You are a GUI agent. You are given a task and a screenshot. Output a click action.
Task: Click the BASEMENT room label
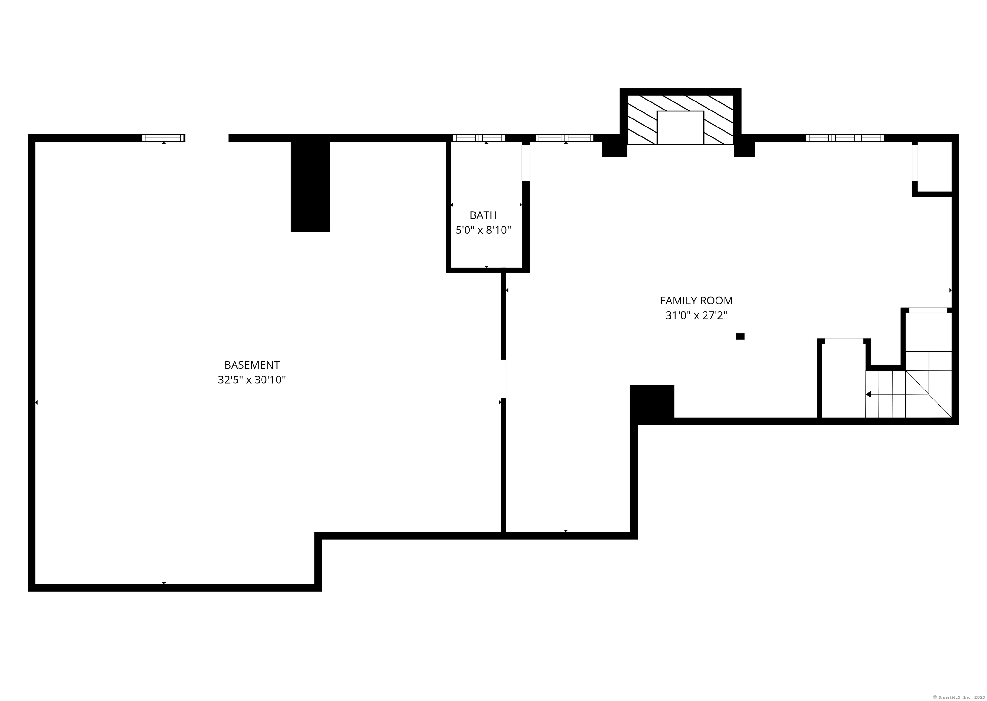(x=252, y=365)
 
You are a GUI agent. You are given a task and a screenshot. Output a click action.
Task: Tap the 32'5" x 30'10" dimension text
(x=252, y=380)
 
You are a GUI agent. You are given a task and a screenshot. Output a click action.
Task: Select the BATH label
(x=483, y=215)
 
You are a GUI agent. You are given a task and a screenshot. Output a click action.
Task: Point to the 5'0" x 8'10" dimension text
(x=483, y=230)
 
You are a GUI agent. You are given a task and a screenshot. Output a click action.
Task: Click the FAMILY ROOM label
(x=696, y=301)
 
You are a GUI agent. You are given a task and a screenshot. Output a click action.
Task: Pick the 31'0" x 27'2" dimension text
(x=696, y=316)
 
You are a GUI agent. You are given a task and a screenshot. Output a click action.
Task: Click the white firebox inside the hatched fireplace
(x=680, y=127)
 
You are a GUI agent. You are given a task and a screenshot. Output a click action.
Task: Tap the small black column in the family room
(x=740, y=337)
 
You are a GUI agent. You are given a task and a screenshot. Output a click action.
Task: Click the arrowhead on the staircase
(x=868, y=394)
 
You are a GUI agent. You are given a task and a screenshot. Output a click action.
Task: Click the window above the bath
(x=478, y=138)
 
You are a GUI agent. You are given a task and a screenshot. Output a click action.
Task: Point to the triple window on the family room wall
(x=845, y=138)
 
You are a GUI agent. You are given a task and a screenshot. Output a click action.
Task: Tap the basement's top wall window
(x=163, y=138)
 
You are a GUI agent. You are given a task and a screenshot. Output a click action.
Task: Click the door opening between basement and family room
(x=503, y=379)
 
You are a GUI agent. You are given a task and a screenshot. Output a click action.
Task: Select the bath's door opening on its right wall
(x=526, y=162)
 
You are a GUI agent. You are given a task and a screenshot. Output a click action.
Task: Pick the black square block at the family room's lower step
(x=652, y=401)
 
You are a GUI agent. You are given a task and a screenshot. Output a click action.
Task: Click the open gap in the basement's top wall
(x=207, y=138)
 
